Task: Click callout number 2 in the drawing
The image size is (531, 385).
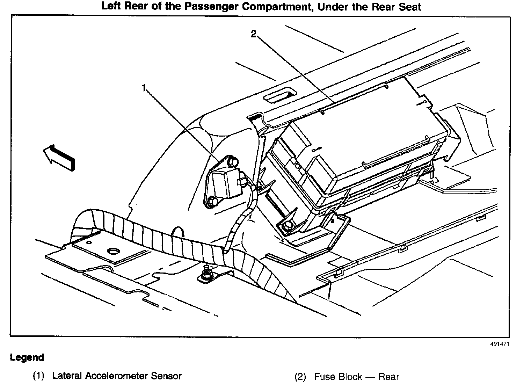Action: tap(254, 34)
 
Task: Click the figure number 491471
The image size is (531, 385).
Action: tap(499, 344)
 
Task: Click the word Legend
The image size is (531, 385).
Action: tap(27, 357)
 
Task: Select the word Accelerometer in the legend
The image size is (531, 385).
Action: tap(118, 376)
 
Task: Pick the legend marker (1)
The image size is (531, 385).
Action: tap(38, 376)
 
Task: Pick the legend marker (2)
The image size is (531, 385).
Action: tap(300, 377)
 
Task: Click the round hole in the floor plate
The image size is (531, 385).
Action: tap(114, 251)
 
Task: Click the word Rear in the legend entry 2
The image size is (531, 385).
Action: tap(388, 377)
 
